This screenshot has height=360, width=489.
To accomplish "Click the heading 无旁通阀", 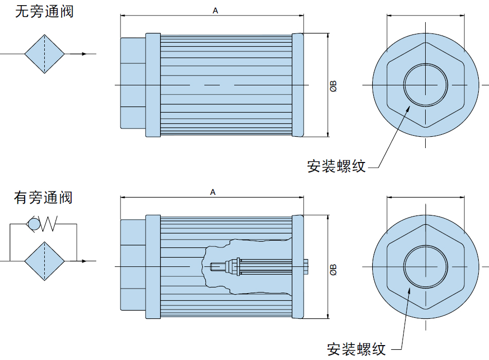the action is tap(44, 11).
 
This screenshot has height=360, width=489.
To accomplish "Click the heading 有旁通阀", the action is tap(43, 197).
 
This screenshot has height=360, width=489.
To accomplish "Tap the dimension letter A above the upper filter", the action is tap(215, 11).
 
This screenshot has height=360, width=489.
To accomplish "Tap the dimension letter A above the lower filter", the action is tap(213, 192).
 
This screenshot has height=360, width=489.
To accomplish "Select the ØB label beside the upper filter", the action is tap(334, 86).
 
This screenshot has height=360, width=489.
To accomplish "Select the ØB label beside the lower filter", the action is tap(334, 269).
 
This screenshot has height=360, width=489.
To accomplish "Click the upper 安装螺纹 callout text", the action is tap(336, 166).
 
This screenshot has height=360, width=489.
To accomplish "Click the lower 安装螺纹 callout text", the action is tap(356, 349).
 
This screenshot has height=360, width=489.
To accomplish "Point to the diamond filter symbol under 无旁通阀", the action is tap(45, 54).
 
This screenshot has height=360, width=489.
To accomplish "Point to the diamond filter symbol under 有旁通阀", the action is tap(45, 261).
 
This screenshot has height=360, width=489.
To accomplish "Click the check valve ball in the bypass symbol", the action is tap(34, 224).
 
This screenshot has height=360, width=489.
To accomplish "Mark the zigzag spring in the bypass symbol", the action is tap(48, 224).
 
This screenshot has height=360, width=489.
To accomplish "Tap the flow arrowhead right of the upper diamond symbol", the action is tap(83, 54).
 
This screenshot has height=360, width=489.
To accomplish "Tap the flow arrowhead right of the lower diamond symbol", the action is tap(83, 261).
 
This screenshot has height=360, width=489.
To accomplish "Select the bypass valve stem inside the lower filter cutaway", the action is tap(259, 267).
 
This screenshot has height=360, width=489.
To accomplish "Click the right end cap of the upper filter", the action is tap(298, 85).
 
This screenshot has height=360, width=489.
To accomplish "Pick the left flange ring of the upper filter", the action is tap(153, 85).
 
